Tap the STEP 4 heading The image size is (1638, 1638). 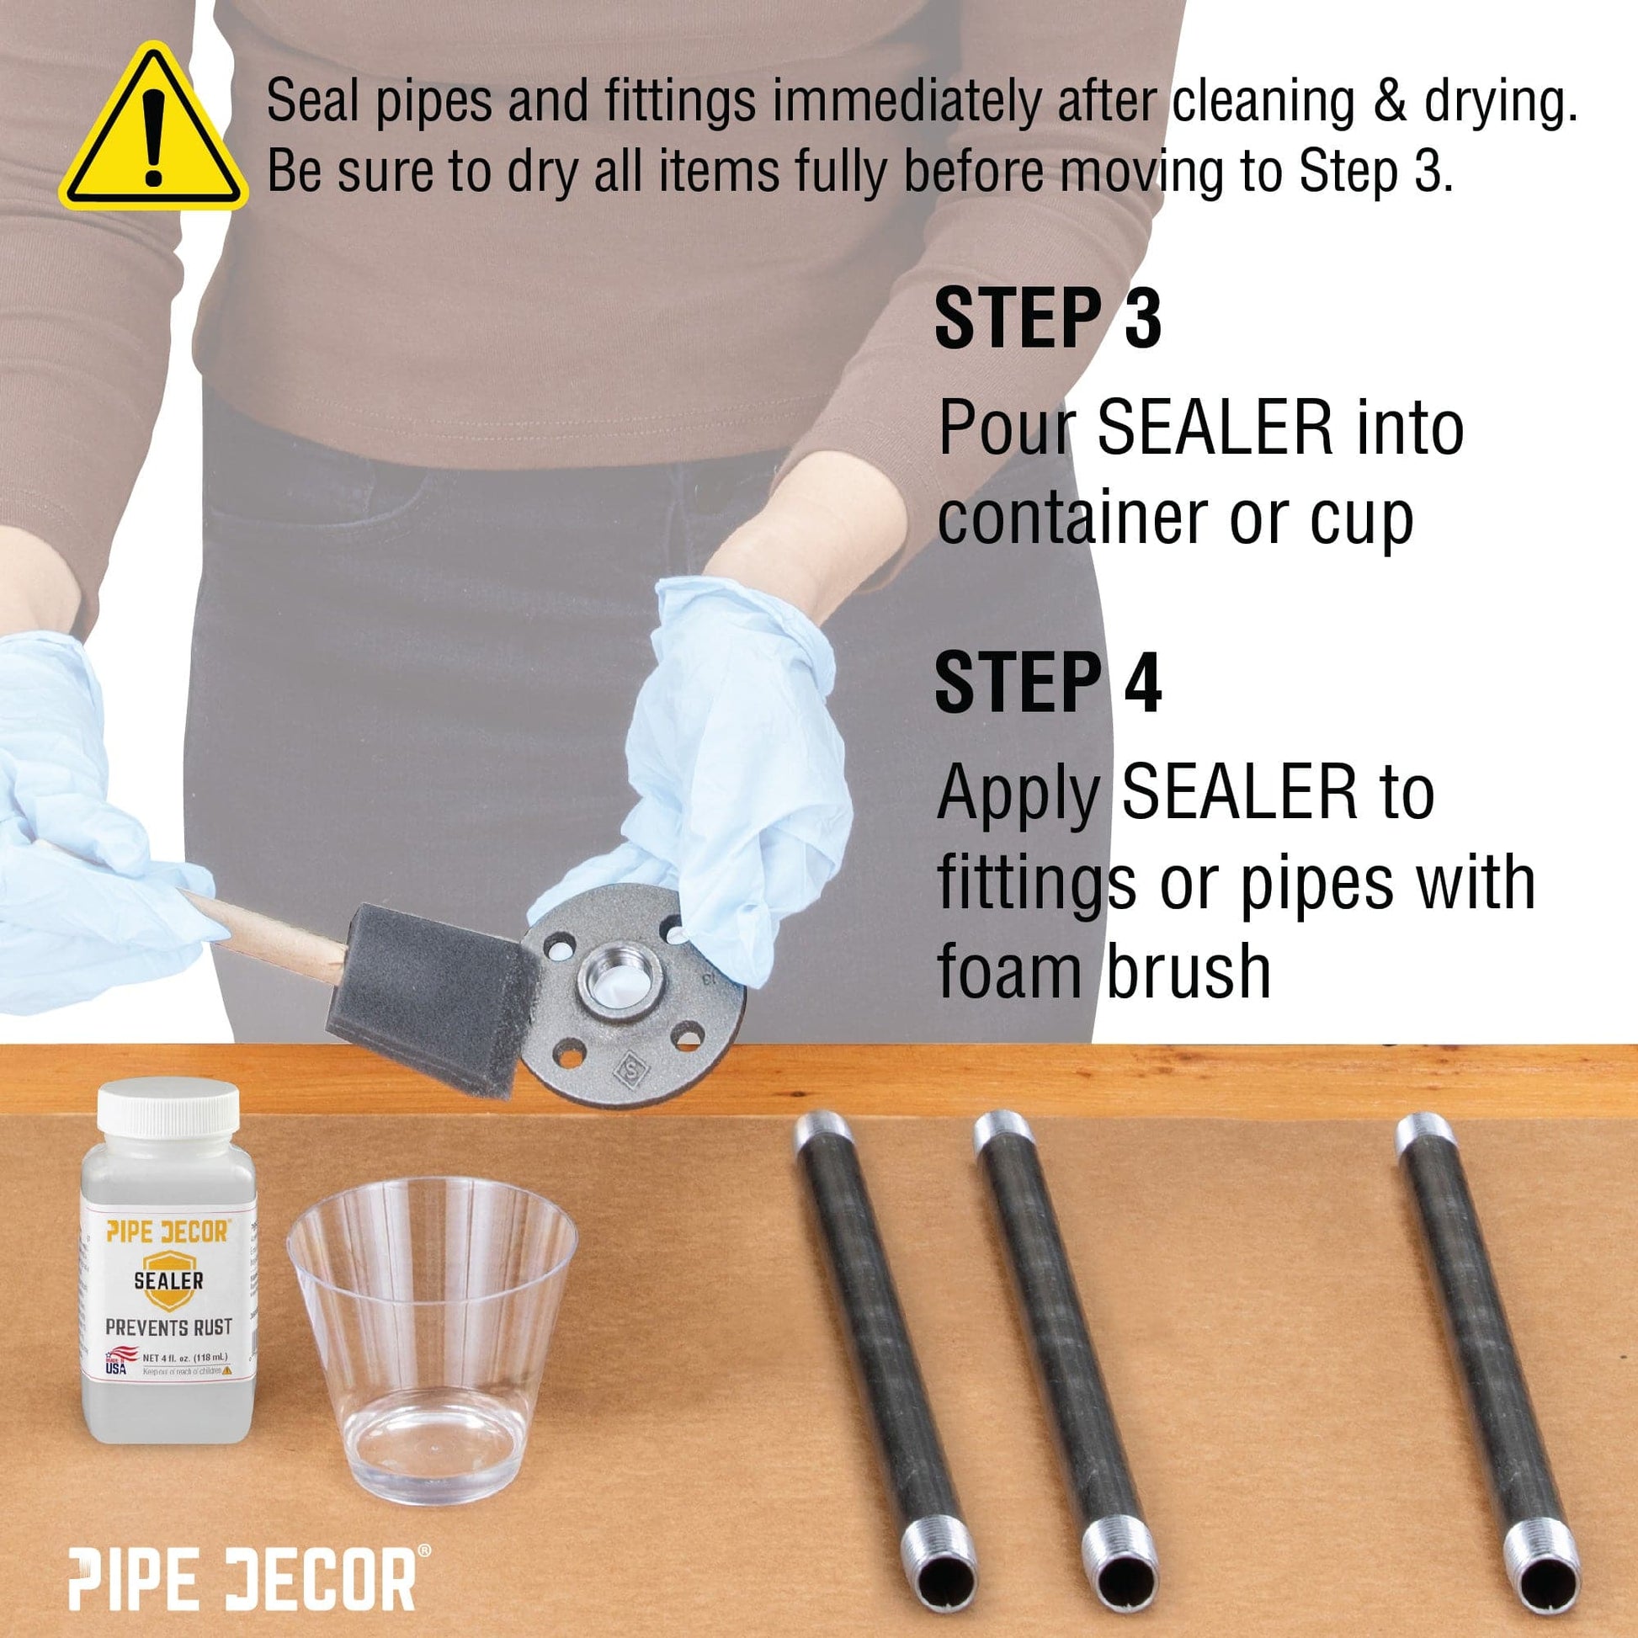coord(1047,683)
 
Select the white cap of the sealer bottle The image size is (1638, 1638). coord(168,1110)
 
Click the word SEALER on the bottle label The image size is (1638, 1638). coord(168,1279)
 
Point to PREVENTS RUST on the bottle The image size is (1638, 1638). coord(168,1327)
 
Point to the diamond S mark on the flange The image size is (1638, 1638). coord(630,1066)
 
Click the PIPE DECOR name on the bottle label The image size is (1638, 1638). coord(168,1231)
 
